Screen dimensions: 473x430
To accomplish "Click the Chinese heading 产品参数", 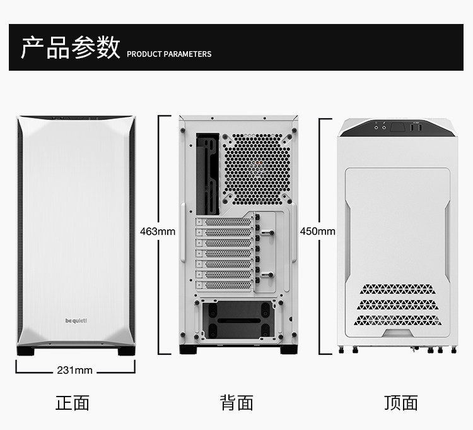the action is click(71, 47).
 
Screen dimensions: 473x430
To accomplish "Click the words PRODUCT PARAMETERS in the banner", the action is click(169, 54).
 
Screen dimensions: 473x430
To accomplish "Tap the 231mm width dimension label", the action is click(74, 370).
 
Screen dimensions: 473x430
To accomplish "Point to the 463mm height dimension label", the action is click(158, 231).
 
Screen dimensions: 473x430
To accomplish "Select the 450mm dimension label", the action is click(318, 231).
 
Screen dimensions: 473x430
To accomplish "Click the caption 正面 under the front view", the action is click(73, 403).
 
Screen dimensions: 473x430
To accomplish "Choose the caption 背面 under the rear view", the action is click(237, 403).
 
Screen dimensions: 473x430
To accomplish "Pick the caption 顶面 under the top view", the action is click(401, 403).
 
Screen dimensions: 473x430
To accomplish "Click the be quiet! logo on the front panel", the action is click(76, 320).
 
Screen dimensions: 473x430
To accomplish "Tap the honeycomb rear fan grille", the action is click(258, 167).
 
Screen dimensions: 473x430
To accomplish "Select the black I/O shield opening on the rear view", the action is click(207, 172).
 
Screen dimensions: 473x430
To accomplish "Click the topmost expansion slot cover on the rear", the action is click(225, 222).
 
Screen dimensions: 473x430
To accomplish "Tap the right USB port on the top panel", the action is click(419, 128).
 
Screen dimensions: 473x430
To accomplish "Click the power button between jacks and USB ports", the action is click(398, 128).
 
